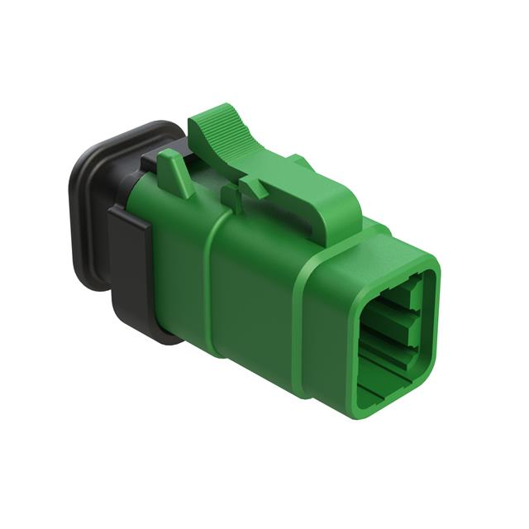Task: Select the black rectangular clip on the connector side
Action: pyautogui.click(x=129, y=248)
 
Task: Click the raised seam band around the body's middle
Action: pyautogui.click(x=213, y=281)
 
